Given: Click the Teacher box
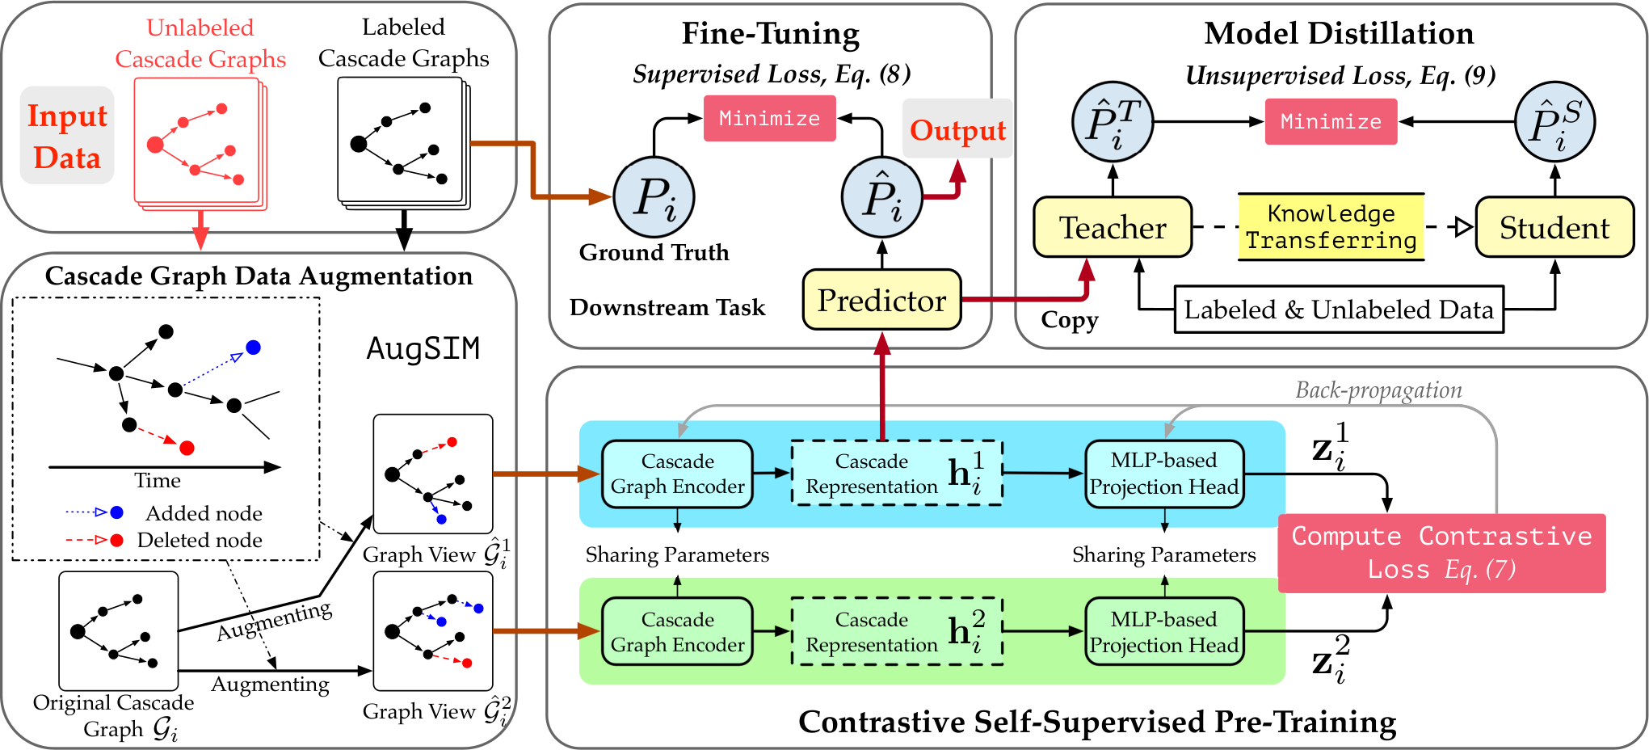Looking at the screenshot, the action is (1113, 227).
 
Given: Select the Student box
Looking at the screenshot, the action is (1554, 227).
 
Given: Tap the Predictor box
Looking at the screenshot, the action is (881, 300).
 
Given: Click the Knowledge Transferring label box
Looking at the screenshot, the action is (1331, 227).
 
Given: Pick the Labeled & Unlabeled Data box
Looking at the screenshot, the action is (1339, 309).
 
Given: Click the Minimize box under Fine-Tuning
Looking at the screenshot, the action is (769, 118).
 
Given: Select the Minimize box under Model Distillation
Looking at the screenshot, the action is (1331, 121).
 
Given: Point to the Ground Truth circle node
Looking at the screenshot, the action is (654, 197).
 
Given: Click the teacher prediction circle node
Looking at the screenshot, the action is (1113, 122).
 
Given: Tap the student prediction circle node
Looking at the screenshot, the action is (1554, 122).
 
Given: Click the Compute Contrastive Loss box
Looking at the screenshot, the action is (1441, 553).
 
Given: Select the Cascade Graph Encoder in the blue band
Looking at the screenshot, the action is (678, 474).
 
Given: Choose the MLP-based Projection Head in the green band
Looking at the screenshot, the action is (1163, 631).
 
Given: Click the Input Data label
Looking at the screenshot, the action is (67, 136).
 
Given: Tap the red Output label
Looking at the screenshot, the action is (957, 129).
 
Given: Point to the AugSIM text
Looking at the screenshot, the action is (423, 348).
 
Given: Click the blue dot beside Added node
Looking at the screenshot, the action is (117, 512).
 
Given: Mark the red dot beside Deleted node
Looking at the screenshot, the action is (117, 540).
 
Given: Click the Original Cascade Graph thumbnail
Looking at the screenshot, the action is (118, 630).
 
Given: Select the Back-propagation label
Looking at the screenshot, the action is (1378, 390).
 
